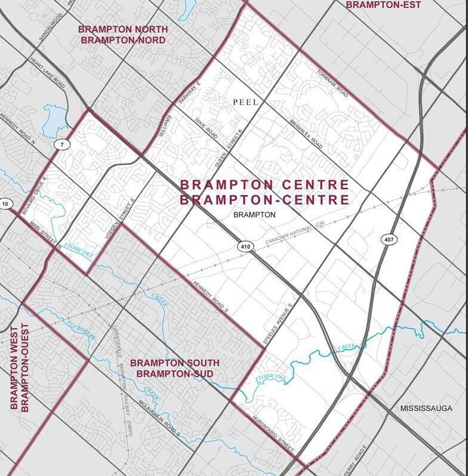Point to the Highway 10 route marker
coord(5,204)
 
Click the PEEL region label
coord(245,103)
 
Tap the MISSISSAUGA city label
coord(427,409)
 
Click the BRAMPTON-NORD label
coord(123,40)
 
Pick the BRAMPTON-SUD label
coord(174,373)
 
